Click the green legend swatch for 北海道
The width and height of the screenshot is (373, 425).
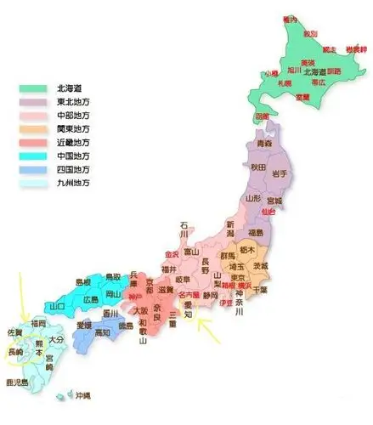[34, 88]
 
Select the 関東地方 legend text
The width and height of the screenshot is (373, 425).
[71, 128]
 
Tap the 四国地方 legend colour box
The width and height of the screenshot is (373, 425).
[34, 168]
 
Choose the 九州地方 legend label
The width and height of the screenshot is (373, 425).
[71, 182]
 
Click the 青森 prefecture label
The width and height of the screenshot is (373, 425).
[264, 144]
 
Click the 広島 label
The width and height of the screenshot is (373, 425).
[93, 300]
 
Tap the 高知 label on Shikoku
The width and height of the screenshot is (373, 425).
[101, 333]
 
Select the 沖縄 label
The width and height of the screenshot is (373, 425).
[82, 397]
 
